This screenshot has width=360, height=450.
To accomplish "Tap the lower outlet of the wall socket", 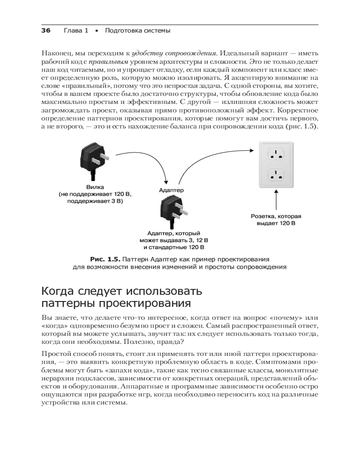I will (x=276, y=175).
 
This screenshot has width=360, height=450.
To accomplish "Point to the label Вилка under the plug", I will (x=95, y=187).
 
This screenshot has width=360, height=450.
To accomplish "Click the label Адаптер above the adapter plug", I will (x=171, y=190).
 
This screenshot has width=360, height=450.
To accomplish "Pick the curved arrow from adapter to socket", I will (x=207, y=157).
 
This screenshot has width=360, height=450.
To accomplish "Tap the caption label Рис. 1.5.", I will (x=105, y=259).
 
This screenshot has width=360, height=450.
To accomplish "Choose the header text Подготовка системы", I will (x=137, y=31).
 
